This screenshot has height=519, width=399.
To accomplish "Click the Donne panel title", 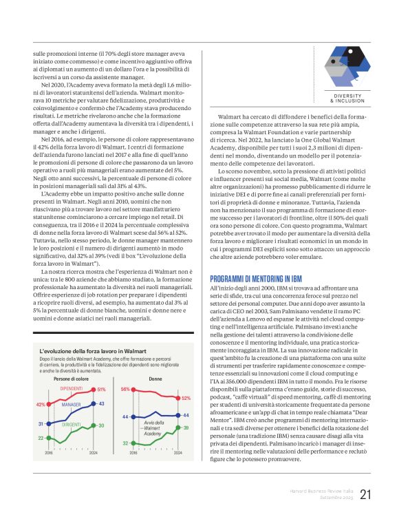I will tap(155, 379).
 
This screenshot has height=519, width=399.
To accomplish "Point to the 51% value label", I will tap(101, 390).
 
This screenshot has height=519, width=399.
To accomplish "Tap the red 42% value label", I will tap(40, 405).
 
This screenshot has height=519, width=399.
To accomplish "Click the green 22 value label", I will tap(41, 438).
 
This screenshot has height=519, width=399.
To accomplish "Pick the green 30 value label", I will tap(101, 426).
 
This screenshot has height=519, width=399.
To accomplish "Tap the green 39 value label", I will tap(186, 428).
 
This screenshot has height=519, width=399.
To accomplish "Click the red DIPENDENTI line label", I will tap(72, 390).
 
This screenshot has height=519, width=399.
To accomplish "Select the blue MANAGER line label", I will tap(71, 405).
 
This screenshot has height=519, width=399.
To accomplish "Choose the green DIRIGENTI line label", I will tap(72, 425).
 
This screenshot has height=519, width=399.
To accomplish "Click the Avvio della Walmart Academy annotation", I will tap(153, 427).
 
